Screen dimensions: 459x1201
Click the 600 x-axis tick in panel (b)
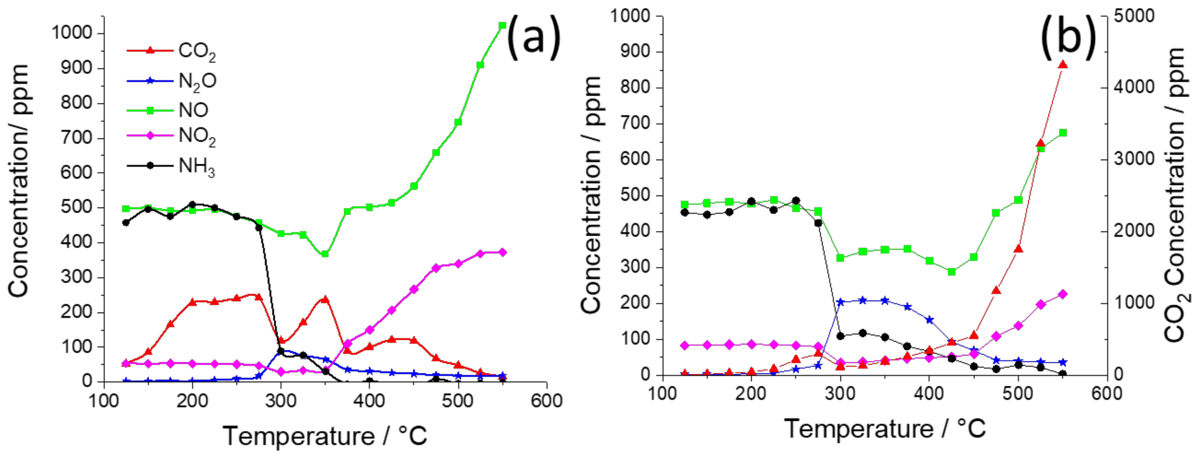point(1107,393)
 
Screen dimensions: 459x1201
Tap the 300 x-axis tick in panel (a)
point(281,400)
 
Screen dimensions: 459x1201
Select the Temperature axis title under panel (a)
point(325,436)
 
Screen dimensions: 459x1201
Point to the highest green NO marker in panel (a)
point(502,26)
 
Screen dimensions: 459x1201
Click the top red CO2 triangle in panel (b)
point(1063,65)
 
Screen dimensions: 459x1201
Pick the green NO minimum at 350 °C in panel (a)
point(325,254)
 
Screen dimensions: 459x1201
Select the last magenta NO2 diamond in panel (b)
point(1063,294)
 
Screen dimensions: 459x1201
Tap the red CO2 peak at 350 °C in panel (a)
point(325,299)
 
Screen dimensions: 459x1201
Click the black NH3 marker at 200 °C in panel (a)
point(192,204)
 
